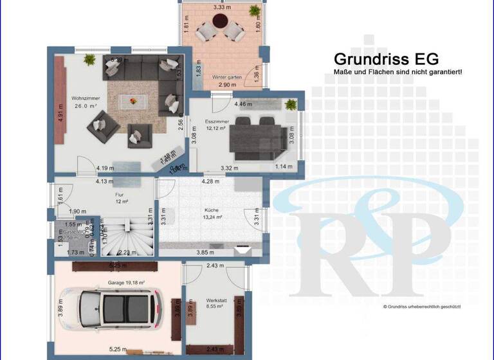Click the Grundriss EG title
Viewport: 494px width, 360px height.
386,60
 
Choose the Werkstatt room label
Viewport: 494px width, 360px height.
215,300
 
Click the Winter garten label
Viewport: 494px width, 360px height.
226,77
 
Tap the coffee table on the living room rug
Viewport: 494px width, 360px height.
133,100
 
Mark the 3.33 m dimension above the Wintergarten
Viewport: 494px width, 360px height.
223,8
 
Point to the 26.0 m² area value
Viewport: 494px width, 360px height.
86,106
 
